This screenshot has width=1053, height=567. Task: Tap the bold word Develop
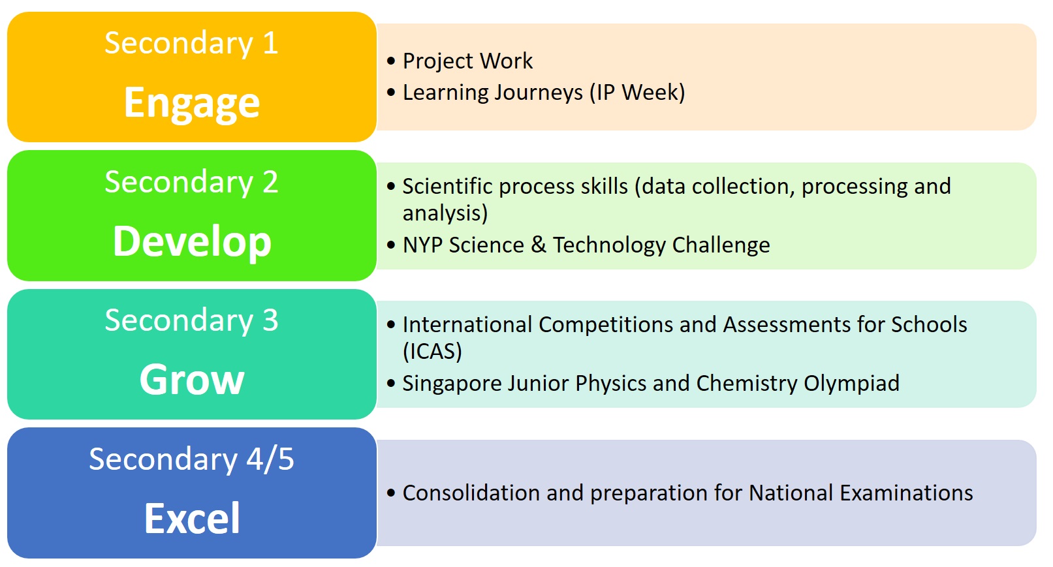coord(192,243)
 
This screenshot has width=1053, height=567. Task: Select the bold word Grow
coord(192,380)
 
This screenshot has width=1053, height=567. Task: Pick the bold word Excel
coord(192,518)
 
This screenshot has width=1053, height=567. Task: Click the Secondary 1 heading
coord(191,43)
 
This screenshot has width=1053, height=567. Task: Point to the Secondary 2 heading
coord(191,182)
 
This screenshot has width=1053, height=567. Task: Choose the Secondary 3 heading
coord(191,320)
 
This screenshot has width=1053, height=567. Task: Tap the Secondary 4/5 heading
coord(191,459)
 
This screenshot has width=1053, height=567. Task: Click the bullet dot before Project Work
coord(391,61)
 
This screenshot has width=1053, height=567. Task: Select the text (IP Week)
coord(637,93)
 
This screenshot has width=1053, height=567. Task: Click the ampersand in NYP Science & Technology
coord(539,245)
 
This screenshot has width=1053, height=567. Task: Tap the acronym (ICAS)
coord(432,351)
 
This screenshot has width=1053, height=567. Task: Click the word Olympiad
coord(851,384)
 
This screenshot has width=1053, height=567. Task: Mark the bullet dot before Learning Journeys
coord(391,92)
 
